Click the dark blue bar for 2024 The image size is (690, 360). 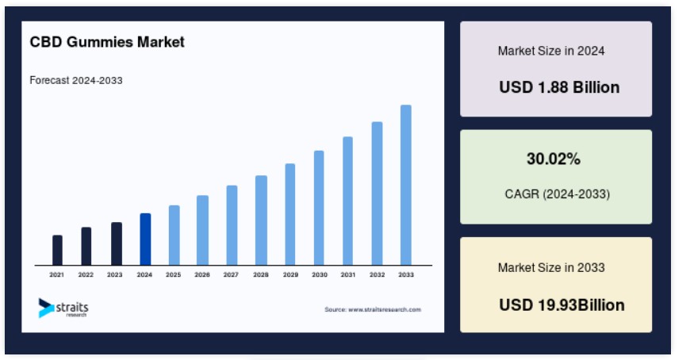(145, 239)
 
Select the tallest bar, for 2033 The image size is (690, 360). (406, 185)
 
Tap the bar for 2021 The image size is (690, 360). (57, 250)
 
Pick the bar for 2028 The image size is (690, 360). (261, 220)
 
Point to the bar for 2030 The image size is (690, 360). (319, 208)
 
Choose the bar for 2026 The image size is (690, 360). (202, 230)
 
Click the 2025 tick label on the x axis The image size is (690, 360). (174, 274)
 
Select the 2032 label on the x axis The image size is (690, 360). (378, 274)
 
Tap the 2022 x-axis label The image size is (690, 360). (86, 274)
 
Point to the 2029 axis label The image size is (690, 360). (290, 274)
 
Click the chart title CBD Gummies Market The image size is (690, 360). (107, 42)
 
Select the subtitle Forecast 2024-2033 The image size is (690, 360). (76, 80)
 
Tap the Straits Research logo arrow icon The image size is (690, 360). (46, 308)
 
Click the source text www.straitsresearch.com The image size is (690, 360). (385, 309)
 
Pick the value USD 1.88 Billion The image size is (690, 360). (559, 87)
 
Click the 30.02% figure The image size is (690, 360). (554, 159)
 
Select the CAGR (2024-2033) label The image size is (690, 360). (557, 194)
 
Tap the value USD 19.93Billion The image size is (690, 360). (562, 304)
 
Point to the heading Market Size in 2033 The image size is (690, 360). (551, 267)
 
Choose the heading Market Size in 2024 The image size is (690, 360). (551, 51)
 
